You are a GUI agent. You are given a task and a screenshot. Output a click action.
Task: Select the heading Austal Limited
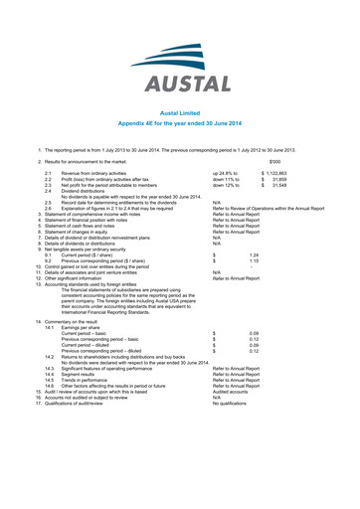[180, 114]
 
